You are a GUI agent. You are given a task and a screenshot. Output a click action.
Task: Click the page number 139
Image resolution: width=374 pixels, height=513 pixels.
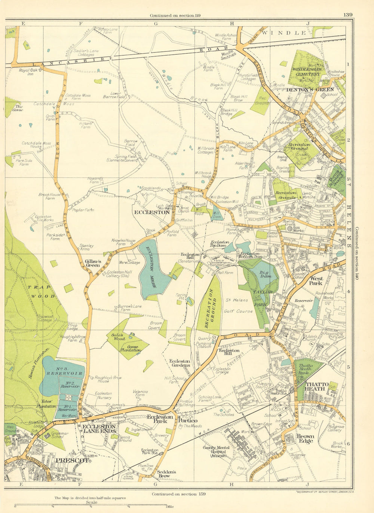pyautogui.click(x=347, y=15)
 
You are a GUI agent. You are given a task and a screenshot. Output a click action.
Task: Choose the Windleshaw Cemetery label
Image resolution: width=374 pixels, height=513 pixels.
pyautogui.click(x=307, y=72)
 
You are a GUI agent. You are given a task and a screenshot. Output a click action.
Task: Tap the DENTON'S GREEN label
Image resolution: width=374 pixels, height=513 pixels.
pyautogui.click(x=310, y=90)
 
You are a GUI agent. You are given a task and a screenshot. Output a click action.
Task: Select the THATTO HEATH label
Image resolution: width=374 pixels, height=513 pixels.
pyautogui.click(x=317, y=387)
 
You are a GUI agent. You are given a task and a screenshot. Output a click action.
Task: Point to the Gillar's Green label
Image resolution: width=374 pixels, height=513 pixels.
pyautogui.click(x=92, y=263)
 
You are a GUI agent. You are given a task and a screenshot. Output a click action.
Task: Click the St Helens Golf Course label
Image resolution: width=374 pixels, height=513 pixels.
pyautogui.click(x=238, y=305)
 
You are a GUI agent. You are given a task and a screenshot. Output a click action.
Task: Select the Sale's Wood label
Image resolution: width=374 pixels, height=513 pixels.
pyautogui.click(x=117, y=336)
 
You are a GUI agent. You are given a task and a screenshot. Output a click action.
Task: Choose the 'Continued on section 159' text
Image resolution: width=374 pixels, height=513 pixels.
pyautogui.click(x=178, y=494)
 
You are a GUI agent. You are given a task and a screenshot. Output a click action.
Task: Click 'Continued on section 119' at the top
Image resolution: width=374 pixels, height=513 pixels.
pyautogui.click(x=175, y=15)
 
